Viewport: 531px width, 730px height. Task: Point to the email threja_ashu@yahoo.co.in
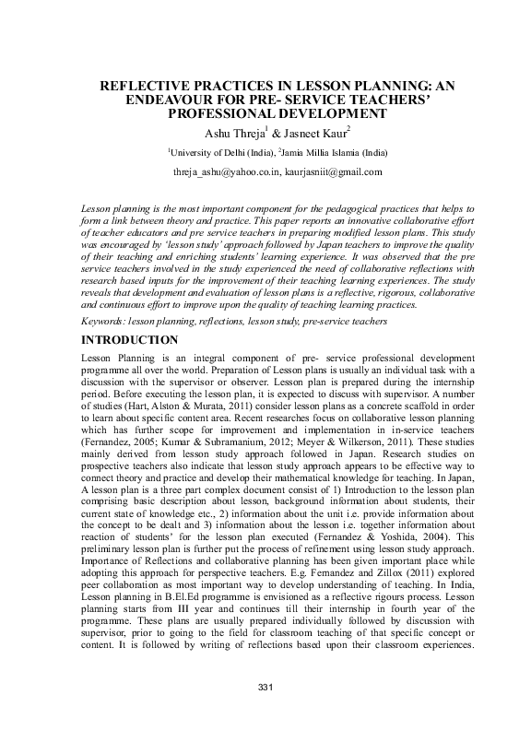[225, 172]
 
